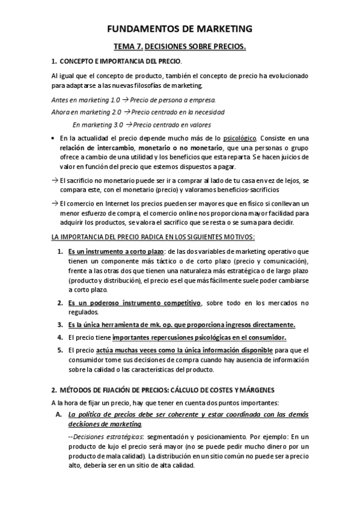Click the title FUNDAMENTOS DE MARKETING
(x=180, y=28)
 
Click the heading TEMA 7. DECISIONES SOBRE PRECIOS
(x=180, y=46)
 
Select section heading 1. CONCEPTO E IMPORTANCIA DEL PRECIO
(x=115, y=61)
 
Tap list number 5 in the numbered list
(x=60, y=350)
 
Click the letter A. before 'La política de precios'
(x=58, y=414)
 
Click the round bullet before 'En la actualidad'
(x=55, y=138)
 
